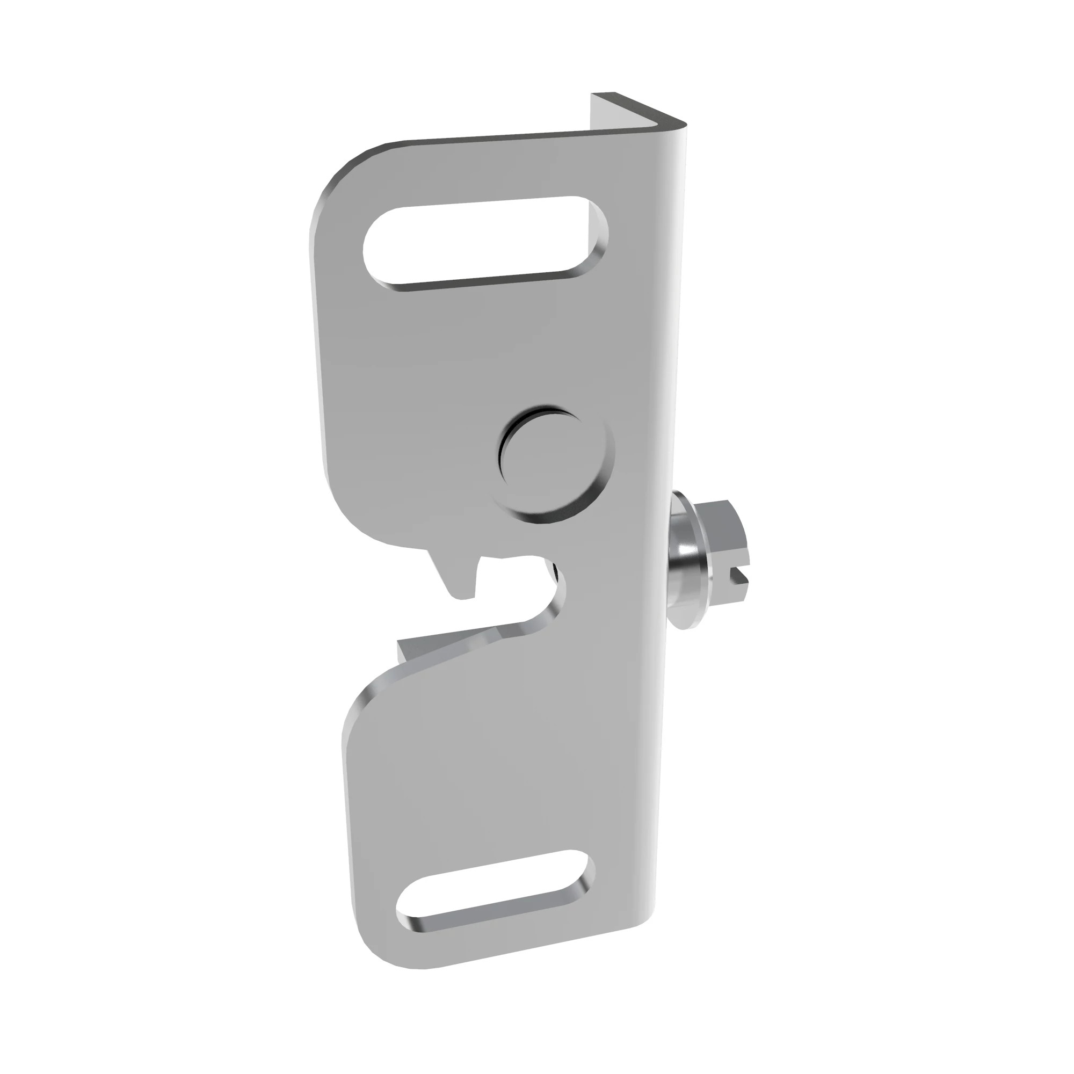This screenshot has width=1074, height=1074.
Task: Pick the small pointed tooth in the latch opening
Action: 459,578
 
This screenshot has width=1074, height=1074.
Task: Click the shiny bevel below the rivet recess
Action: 556,517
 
